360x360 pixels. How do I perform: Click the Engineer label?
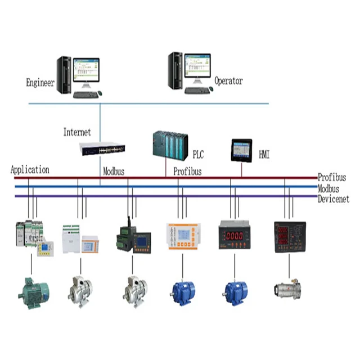40,83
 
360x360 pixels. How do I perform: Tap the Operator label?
228,81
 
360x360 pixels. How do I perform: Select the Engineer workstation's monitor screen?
86,70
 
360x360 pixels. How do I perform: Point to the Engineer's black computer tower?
64,74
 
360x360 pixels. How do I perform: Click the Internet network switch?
102,149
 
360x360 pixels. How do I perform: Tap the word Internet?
77,133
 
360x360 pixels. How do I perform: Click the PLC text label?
198,154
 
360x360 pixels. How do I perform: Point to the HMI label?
264,154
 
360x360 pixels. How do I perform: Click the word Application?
30,169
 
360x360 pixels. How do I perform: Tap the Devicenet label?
333,199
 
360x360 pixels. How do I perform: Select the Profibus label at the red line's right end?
332,177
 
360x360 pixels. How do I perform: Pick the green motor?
33,289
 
